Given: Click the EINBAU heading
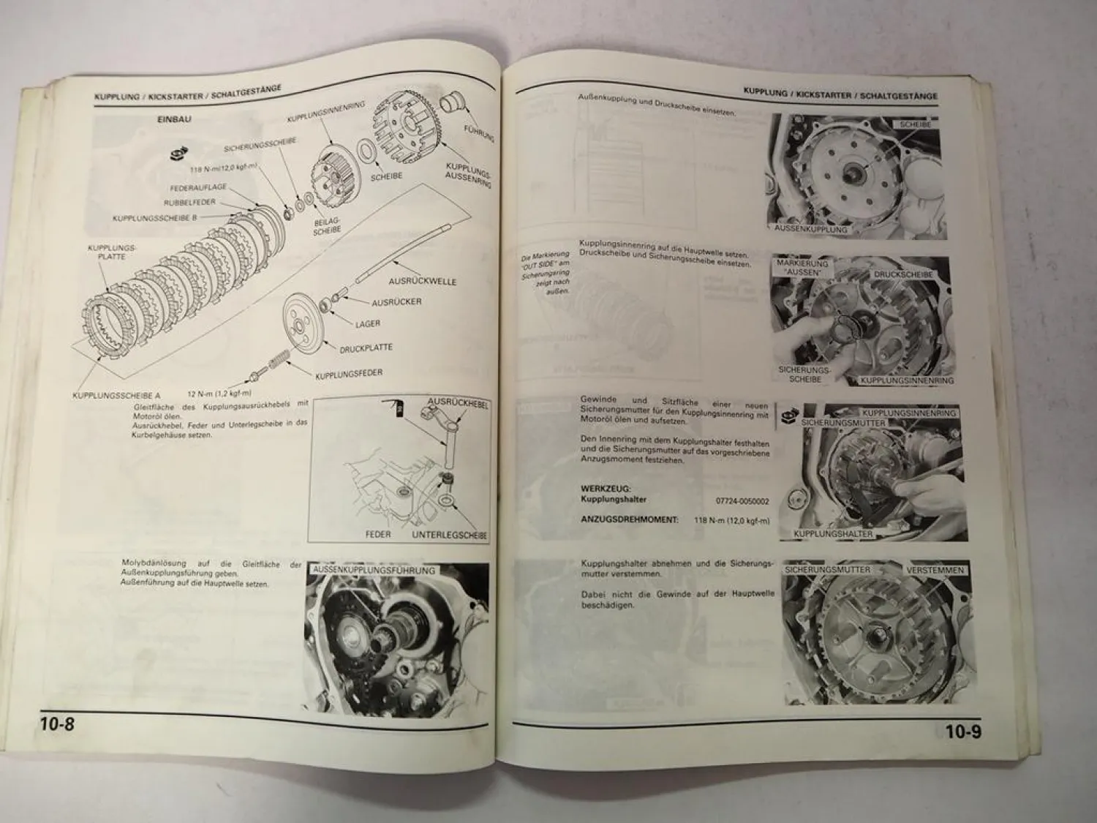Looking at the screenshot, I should (174, 119).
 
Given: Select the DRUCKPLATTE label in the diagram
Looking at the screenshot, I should (366, 348).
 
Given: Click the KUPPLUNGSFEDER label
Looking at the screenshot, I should (349, 375).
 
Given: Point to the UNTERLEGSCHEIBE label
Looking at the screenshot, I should (449, 535).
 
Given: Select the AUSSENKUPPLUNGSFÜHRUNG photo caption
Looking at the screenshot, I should (374, 570).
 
